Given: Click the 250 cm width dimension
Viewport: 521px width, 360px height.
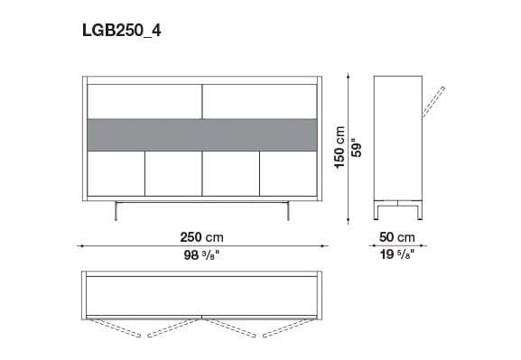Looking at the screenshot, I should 201,237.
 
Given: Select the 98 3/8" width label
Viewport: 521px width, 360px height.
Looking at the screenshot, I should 201,255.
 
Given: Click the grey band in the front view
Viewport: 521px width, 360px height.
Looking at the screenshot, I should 201,134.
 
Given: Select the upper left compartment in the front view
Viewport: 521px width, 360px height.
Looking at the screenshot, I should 144,100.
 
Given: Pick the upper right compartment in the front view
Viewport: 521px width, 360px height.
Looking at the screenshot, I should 259,100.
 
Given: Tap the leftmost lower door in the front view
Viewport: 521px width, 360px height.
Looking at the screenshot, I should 116,172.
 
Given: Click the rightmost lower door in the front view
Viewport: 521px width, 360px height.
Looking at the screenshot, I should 288,172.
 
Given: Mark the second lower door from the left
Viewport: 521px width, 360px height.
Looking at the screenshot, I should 172,172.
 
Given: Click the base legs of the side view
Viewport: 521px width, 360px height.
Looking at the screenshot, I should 400,209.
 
